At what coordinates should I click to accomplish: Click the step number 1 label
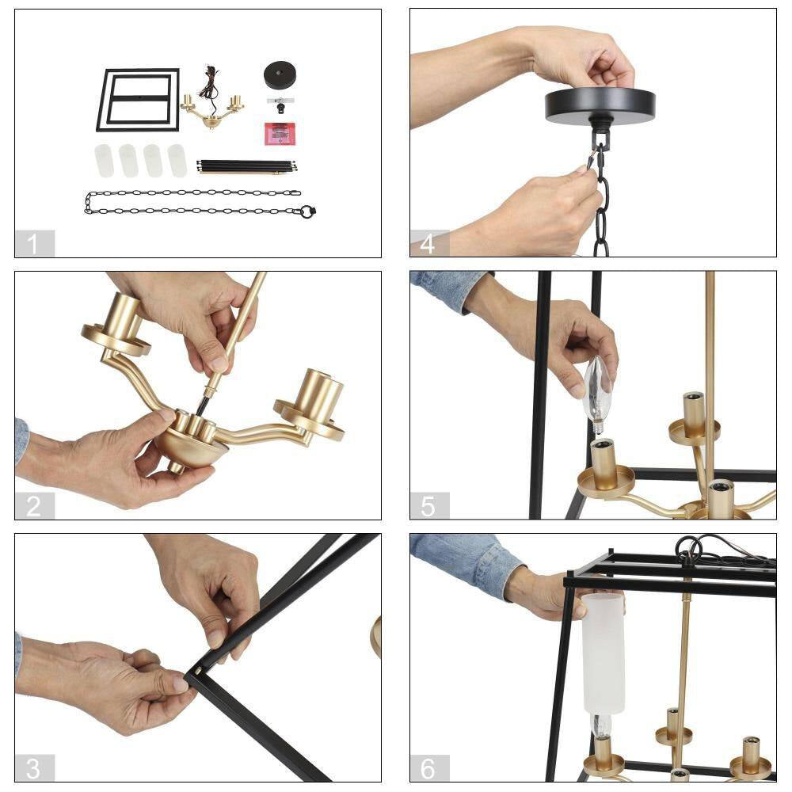point(35,243)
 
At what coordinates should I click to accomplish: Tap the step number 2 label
point(35,505)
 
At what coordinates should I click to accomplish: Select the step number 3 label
point(35,768)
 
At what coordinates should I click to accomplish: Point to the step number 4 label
point(429,243)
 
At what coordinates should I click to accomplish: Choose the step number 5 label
point(429,505)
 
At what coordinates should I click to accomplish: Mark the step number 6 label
point(429,768)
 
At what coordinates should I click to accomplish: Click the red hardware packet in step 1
point(280,134)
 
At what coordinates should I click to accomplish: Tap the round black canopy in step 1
point(279,74)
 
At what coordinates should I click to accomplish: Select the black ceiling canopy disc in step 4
point(600,106)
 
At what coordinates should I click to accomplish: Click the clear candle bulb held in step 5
point(598,394)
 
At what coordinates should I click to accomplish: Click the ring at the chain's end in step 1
point(307,211)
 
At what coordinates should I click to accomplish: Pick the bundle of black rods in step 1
point(246,166)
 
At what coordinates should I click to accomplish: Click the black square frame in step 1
point(138,100)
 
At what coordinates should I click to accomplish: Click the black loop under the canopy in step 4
point(601,135)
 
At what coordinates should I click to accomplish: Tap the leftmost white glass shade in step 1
point(104,161)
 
